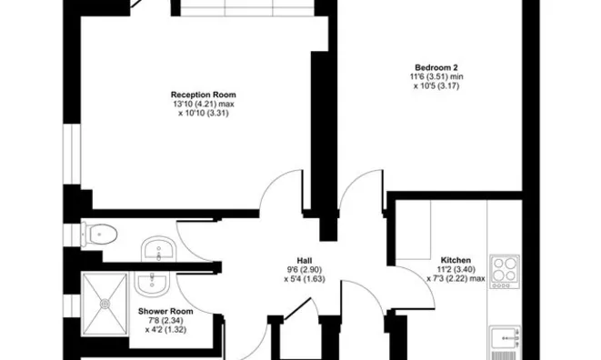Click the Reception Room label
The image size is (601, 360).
203,95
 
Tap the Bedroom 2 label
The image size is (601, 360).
436,68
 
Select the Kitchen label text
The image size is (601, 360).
456,260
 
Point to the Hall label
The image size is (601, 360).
305,261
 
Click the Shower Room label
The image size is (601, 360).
165,311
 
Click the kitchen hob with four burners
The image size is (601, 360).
506,272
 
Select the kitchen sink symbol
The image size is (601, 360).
506,338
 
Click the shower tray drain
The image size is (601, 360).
105,304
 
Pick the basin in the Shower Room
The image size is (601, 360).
152,284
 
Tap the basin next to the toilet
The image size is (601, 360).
159,249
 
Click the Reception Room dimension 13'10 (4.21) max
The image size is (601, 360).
203,104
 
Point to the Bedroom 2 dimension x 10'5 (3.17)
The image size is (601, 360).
436,85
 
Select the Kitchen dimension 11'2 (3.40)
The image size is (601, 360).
456,269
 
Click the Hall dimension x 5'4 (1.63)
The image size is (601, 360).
305,279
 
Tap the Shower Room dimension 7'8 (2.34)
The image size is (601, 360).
165,320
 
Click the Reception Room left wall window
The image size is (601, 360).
72,154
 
